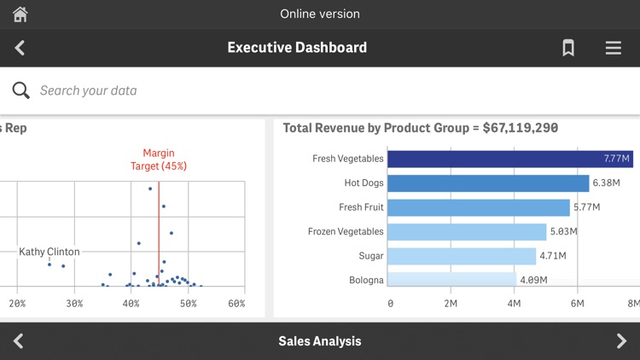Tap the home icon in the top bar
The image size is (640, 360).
(x=20, y=15)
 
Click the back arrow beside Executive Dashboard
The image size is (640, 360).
(x=20, y=49)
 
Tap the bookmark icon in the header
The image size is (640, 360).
(x=568, y=49)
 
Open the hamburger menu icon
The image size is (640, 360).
(x=613, y=49)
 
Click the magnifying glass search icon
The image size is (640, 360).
(x=21, y=90)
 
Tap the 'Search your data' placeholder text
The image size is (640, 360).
(x=88, y=90)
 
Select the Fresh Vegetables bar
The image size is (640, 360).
(x=509, y=159)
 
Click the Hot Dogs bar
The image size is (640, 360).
(x=487, y=183)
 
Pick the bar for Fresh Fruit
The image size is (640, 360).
(x=478, y=207)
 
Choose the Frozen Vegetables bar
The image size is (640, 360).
(x=466, y=232)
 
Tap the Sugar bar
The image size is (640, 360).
(x=461, y=256)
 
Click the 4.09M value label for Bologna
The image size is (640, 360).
(x=532, y=280)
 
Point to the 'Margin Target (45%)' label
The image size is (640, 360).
(x=159, y=160)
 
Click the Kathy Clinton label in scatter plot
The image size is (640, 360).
(x=49, y=252)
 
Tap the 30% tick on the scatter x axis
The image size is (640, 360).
(x=74, y=304)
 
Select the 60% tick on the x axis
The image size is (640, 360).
(x=236, y=304)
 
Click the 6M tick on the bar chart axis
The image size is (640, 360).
(x=578, y=304)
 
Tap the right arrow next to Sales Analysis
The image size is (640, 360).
(x=620, y=341)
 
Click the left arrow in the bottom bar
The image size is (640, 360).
(x=19, y=341)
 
